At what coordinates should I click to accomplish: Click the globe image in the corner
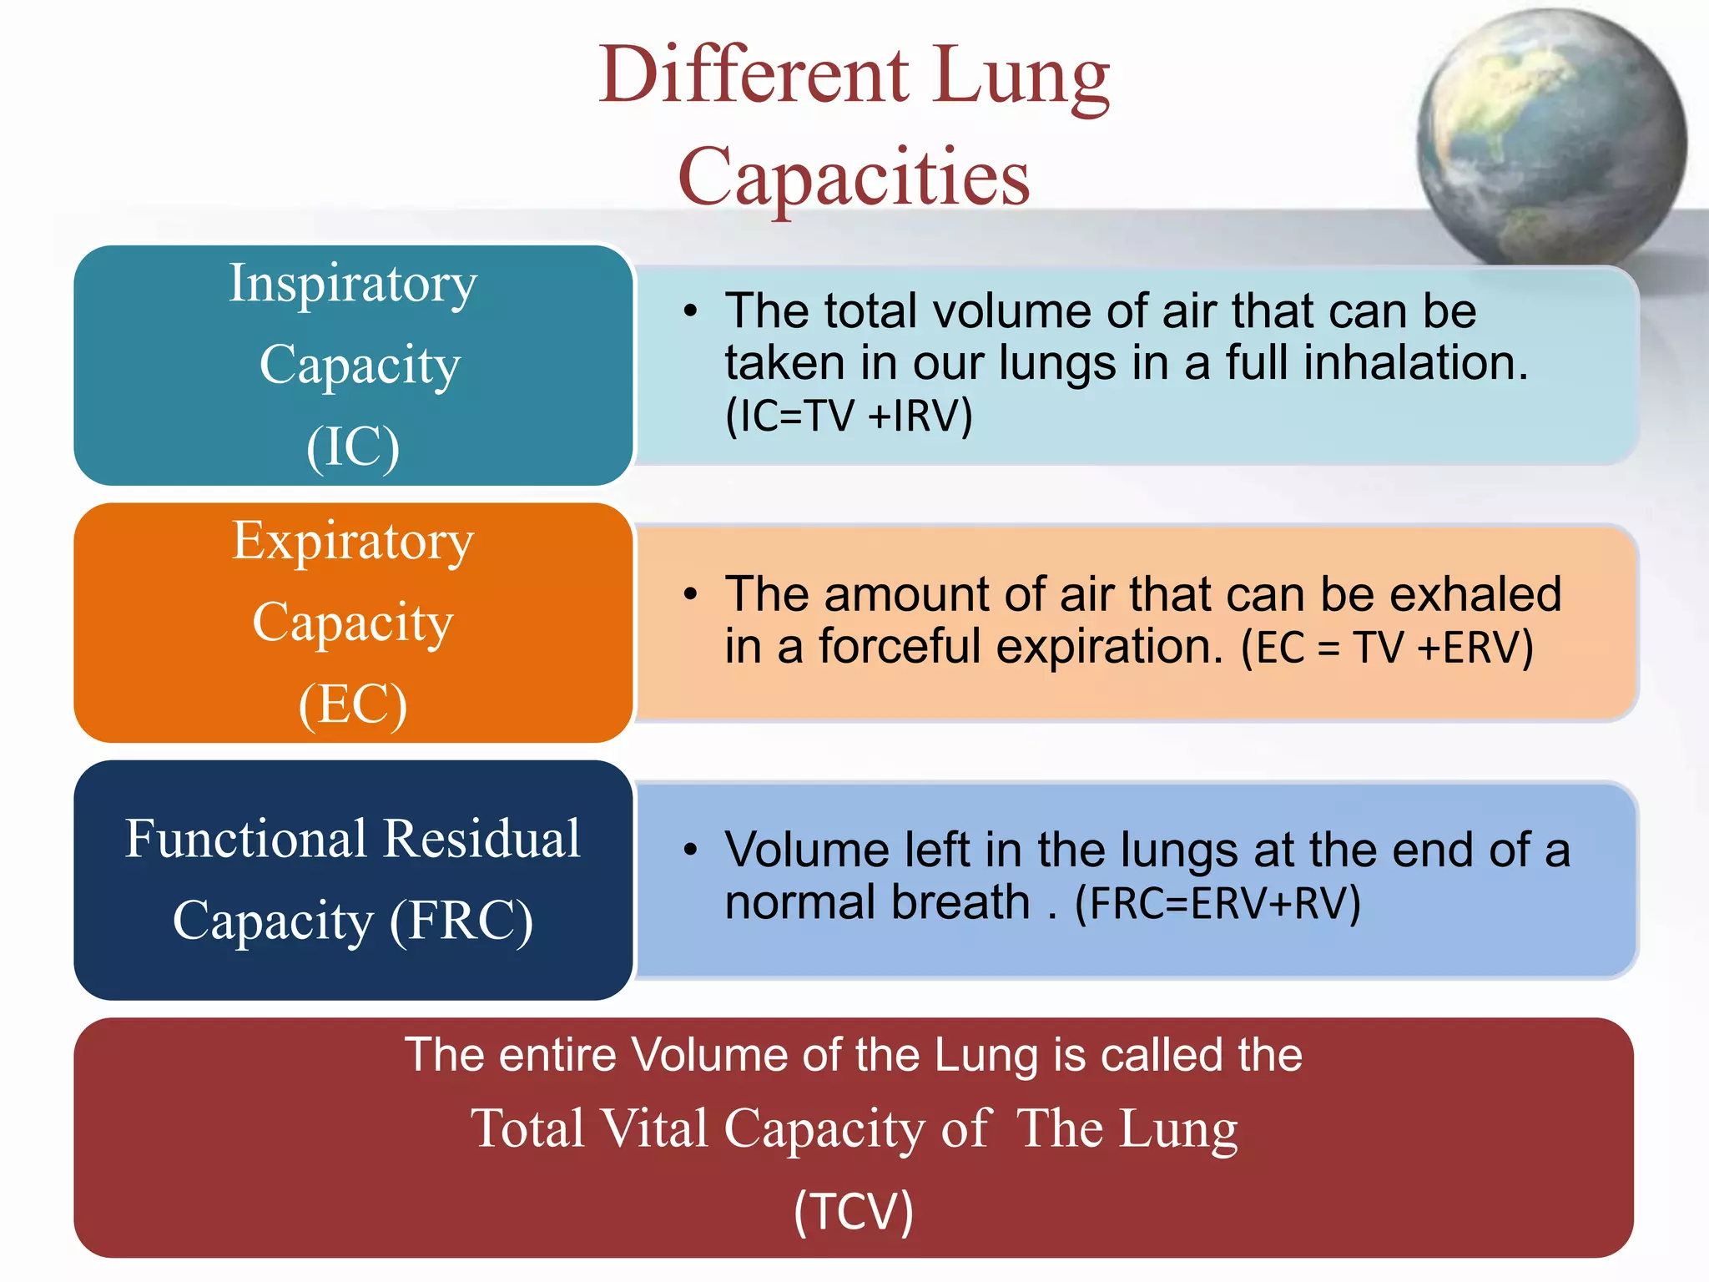[1550, 138]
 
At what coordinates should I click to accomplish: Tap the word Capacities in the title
[854, 177]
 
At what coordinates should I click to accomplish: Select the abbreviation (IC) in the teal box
[353, 447]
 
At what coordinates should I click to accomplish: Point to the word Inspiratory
[353, 284]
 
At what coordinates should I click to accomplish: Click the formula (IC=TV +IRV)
[849, 415]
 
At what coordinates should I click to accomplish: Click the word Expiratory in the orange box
[353, 541]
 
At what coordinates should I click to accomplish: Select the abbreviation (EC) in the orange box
[353, 704]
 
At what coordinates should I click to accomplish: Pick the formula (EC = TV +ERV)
[1387, 647]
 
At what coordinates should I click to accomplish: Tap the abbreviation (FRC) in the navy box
[461, 921]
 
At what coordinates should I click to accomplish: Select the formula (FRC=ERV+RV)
[1217, 903]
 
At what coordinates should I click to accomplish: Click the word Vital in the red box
[653, 1128]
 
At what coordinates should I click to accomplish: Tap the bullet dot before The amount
[689, 594]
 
